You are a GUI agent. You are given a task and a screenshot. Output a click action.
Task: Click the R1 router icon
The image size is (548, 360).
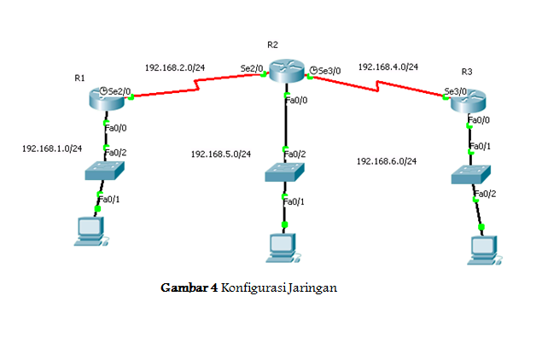coord(107,99)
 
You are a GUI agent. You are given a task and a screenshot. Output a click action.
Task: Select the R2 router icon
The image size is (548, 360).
coord(287,71)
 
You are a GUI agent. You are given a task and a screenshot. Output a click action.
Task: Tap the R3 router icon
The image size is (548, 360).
coord(469,102)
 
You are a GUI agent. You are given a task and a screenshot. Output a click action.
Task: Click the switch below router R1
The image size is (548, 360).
coord(104,171)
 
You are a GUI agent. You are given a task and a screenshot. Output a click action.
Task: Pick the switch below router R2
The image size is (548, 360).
coord(284,172)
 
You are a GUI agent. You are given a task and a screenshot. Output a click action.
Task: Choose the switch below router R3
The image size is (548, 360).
coord(471,175)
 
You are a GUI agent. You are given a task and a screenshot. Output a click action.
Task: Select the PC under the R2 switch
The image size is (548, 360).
coord(283,248)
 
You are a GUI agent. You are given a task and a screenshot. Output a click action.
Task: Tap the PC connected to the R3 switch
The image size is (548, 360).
coord(485,250)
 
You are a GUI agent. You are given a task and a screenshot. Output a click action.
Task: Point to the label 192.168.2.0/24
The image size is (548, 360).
coord(175,67)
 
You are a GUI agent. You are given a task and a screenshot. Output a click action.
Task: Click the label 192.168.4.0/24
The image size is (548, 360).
coord(388,67)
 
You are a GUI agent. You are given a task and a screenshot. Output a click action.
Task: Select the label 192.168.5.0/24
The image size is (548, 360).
coord(221,154)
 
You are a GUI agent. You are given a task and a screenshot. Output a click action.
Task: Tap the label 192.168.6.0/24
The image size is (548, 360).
coord(387,161)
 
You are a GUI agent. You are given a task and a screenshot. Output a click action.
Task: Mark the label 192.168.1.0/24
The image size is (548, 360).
coord(52,148)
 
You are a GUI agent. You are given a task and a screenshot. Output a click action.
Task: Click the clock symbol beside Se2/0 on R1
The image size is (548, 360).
coord(103,91)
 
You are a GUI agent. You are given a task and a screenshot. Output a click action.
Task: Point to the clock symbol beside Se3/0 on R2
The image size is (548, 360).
coord(313,70)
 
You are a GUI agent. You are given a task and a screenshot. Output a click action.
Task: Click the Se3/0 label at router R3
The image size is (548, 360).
coord(455,91)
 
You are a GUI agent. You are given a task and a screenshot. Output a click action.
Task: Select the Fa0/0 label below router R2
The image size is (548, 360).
coord(296,100)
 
